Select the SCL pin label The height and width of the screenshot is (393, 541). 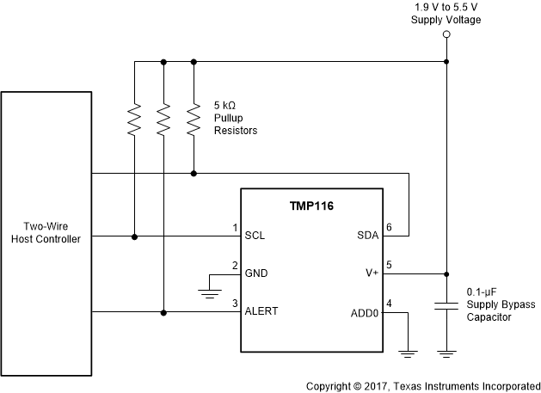pos(255,235)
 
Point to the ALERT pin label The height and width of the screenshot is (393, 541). pos(262,311)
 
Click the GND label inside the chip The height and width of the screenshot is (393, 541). pos(256,273)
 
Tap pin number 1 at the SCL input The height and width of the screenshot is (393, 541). pos(234,228)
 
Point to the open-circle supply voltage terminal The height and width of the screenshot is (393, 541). pos(446,35)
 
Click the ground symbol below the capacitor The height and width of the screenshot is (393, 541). pos(446,352)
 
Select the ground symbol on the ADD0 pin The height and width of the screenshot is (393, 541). pos(408,352)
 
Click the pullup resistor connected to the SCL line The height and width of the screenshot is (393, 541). pos(134,120)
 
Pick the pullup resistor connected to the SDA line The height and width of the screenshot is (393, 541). pos(194,120)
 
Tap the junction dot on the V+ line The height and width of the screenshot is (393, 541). pos(446,274)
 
